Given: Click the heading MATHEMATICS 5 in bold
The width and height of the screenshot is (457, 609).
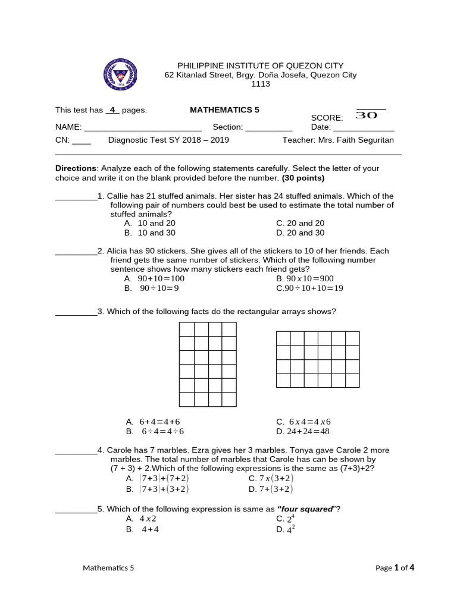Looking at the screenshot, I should [224, 110].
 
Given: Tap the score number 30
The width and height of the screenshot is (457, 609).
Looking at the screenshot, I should [367, 115].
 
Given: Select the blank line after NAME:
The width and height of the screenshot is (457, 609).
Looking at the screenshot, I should [143, 128].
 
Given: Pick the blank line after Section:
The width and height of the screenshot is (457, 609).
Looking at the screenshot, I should [268, 128].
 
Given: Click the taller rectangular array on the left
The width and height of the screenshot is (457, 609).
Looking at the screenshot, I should [208, 365].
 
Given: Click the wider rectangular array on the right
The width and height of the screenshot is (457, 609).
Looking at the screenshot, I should [318, 359].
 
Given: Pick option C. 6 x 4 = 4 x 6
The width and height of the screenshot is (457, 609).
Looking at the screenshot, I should [303, 422].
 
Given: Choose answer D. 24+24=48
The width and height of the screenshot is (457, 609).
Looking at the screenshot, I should [303, 432].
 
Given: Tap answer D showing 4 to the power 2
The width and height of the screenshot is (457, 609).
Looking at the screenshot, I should [286, 530].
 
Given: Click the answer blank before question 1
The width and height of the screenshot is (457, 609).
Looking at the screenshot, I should [76, 196].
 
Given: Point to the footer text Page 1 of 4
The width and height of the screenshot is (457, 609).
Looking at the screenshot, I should [395, 567].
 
